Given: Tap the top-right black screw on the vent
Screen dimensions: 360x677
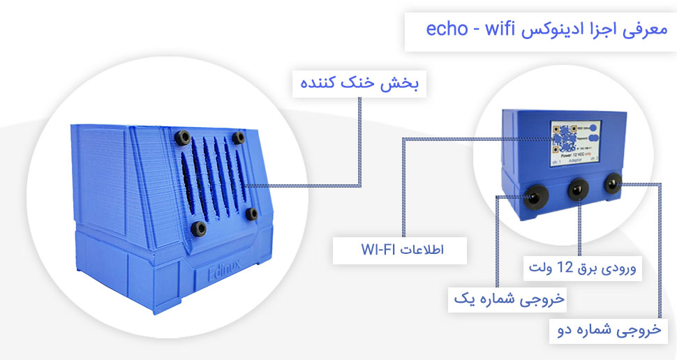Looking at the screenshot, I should click(239, 137).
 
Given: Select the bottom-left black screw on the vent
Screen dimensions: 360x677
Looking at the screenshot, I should click(200, 227).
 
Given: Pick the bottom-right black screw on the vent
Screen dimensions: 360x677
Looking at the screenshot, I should click(251, 213).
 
